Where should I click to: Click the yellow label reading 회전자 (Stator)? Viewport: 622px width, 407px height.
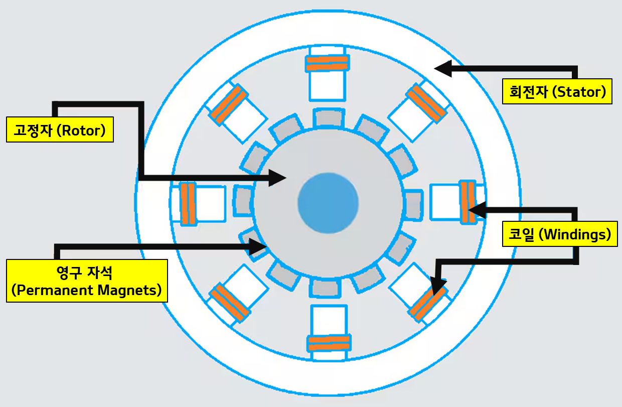557,91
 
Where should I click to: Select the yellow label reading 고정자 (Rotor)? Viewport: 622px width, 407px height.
60,130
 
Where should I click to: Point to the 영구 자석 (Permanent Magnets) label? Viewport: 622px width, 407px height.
86,281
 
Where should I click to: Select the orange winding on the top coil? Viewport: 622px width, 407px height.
327,63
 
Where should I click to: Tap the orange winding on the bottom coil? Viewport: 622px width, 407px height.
328,343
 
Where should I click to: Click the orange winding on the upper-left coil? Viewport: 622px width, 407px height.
229,105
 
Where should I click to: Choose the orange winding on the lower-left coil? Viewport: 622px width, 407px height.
229,303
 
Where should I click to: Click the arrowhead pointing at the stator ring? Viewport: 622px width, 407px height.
442,69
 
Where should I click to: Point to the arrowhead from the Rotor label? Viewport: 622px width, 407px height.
277,177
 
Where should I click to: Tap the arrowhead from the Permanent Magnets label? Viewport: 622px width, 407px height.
259,246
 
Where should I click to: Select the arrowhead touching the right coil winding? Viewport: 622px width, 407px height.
476,209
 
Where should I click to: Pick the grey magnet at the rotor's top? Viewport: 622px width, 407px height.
329,118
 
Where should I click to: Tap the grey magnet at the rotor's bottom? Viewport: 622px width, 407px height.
324,287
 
